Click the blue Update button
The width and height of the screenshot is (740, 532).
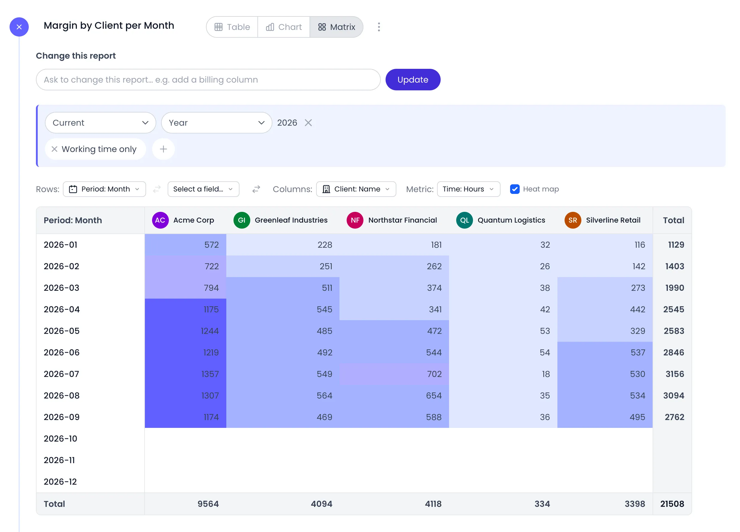coord(413,80)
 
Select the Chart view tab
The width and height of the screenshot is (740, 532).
coord(283,27)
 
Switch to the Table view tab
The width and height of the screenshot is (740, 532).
coord(232,27)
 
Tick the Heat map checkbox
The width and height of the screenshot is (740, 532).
coord(515,189)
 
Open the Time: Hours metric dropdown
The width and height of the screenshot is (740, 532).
coord(468,189)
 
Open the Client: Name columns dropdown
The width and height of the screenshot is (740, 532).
coord(356,189)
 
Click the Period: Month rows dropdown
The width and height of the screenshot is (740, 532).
coord(104,189)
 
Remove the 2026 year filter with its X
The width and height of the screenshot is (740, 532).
coord(308,123)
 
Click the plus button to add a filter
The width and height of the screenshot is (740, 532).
coord(163,149)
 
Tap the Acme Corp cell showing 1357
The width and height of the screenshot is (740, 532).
coord(185,374)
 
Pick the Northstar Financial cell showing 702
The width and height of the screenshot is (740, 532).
coord(394,374)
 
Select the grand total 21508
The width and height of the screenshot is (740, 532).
coord(672,504)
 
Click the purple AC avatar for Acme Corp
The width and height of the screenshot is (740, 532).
coord(160,220)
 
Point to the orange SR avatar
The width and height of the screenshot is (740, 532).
coord(573,220)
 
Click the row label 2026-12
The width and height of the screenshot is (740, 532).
coord(60,482)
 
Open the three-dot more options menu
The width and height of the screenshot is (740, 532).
coord(379,27)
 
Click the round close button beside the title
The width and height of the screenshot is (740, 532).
coord(19,27)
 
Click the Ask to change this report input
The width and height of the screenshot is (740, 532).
coord(208,80)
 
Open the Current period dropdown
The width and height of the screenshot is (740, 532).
coord(101,123)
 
